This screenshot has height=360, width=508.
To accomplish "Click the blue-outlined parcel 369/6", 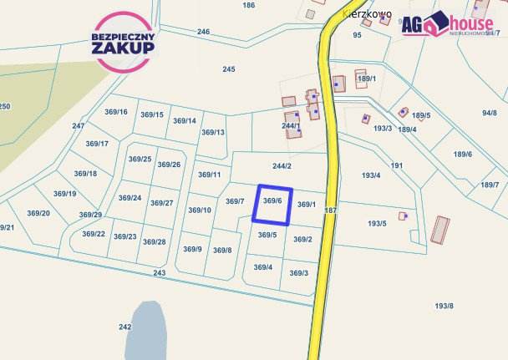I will (x=272, y=205).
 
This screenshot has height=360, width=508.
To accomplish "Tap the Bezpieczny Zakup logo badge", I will (x=123, y=41).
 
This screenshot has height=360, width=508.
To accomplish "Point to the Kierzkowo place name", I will (x=367, y=13).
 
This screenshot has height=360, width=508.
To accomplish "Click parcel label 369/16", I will (x=116, y=112).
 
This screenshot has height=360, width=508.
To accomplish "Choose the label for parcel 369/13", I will (x=213, y=132).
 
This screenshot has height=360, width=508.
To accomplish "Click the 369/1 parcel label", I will (x=307, y=204).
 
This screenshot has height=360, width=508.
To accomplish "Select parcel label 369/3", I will (x=298, y=273).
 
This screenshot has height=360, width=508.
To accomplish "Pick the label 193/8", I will (x=444, y=306).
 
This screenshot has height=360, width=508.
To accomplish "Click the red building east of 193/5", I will (x=439, y=229).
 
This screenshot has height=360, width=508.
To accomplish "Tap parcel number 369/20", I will (x=38, y=213).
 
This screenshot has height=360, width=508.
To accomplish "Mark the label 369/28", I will (x=154, y=241).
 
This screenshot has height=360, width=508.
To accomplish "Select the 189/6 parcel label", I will (x=463, y=154).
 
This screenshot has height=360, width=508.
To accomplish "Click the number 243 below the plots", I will (x=160, y=273).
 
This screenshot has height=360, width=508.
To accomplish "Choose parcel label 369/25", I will (x=140, y=159).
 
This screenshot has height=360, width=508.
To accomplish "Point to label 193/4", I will (x=371, y=175).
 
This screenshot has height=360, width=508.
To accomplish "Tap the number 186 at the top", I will (x=248, y=6).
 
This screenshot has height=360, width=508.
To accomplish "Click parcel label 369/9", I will (x=193, y=249).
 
